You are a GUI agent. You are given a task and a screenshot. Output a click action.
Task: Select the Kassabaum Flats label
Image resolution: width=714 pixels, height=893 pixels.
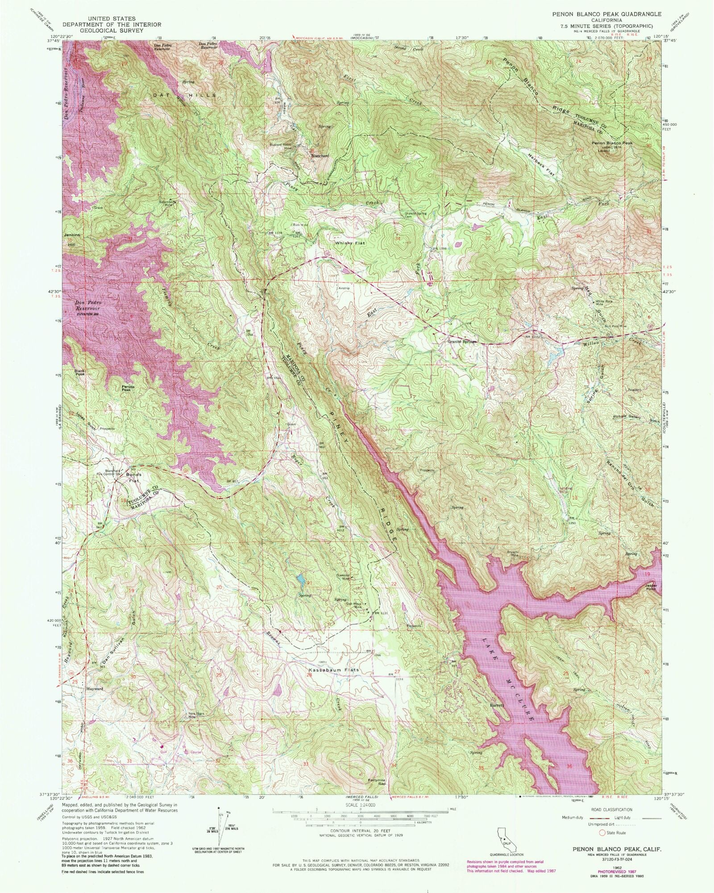pyautogui.click(x=334, y=670)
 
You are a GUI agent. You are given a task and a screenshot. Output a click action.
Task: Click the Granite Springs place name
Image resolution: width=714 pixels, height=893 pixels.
pyautogui.click(x=462, y=342)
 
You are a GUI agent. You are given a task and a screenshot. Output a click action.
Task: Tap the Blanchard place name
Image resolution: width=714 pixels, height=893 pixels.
pyautogui.click(x=320, y=156)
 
